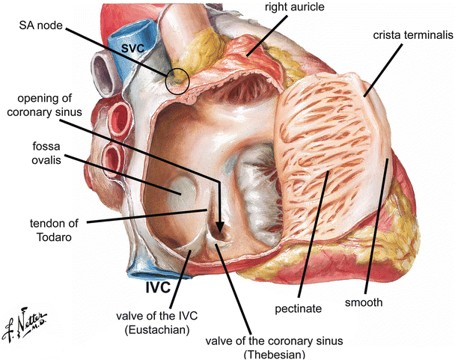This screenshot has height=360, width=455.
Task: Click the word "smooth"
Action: [364, 302]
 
